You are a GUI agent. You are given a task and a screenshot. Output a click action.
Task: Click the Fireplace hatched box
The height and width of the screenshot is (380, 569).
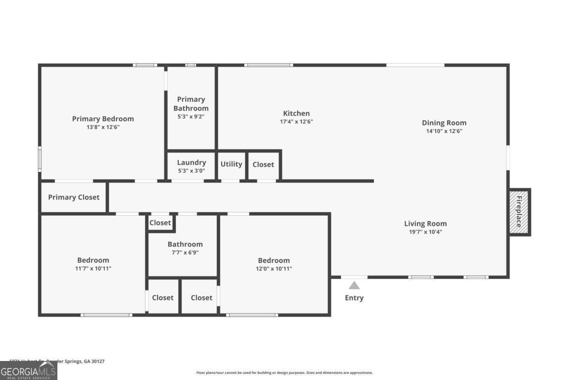[x=519, y=212]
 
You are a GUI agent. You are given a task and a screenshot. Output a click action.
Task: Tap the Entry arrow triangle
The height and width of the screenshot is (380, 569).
[x=354, y=286]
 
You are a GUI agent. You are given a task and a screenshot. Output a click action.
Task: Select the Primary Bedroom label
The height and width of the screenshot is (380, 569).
[x=103, y=119]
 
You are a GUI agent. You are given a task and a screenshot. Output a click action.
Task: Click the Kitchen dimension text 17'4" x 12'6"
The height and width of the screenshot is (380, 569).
[x=296, y=122]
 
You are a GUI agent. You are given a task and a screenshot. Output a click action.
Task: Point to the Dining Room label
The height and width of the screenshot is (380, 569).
[x=444, y=123]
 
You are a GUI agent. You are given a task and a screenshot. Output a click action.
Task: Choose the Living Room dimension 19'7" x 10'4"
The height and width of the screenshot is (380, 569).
[x=425, y=232]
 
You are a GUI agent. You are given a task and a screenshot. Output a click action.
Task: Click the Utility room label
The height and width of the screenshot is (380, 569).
[x=231, y=164]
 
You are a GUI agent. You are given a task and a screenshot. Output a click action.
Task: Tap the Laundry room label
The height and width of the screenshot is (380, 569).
[x=192, y=162]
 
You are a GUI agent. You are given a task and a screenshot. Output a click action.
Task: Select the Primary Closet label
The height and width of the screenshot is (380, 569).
[x=74, y=197]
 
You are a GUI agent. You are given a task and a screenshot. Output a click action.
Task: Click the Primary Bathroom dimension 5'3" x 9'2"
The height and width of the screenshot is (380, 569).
[x=191, y=116]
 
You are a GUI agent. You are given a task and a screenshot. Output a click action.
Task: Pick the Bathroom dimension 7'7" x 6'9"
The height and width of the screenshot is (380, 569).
[x=185, y=253]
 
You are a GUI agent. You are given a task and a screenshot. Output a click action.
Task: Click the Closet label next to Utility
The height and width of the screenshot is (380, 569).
[x=263, y=164]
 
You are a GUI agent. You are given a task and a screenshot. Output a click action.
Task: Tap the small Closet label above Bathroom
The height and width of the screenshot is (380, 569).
[x=160, y=223]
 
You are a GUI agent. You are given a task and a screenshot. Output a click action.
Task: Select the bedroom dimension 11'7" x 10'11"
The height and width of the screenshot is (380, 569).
[x=93, y=268]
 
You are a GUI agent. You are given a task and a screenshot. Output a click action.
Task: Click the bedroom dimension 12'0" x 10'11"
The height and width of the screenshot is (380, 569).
[x=274, y=268]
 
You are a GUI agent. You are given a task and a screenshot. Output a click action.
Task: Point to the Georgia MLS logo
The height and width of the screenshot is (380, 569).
[x=28, y=370]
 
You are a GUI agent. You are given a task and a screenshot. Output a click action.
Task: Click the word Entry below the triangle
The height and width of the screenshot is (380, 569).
[x=354, y=298]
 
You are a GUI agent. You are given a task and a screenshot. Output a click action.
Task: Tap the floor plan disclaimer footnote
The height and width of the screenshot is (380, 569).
[x=284, y=373]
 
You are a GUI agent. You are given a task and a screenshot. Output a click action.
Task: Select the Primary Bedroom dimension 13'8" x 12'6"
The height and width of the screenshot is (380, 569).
[x=103, y=127]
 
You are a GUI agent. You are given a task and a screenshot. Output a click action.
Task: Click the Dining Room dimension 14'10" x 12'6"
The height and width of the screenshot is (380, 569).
[x=444, y=131]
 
